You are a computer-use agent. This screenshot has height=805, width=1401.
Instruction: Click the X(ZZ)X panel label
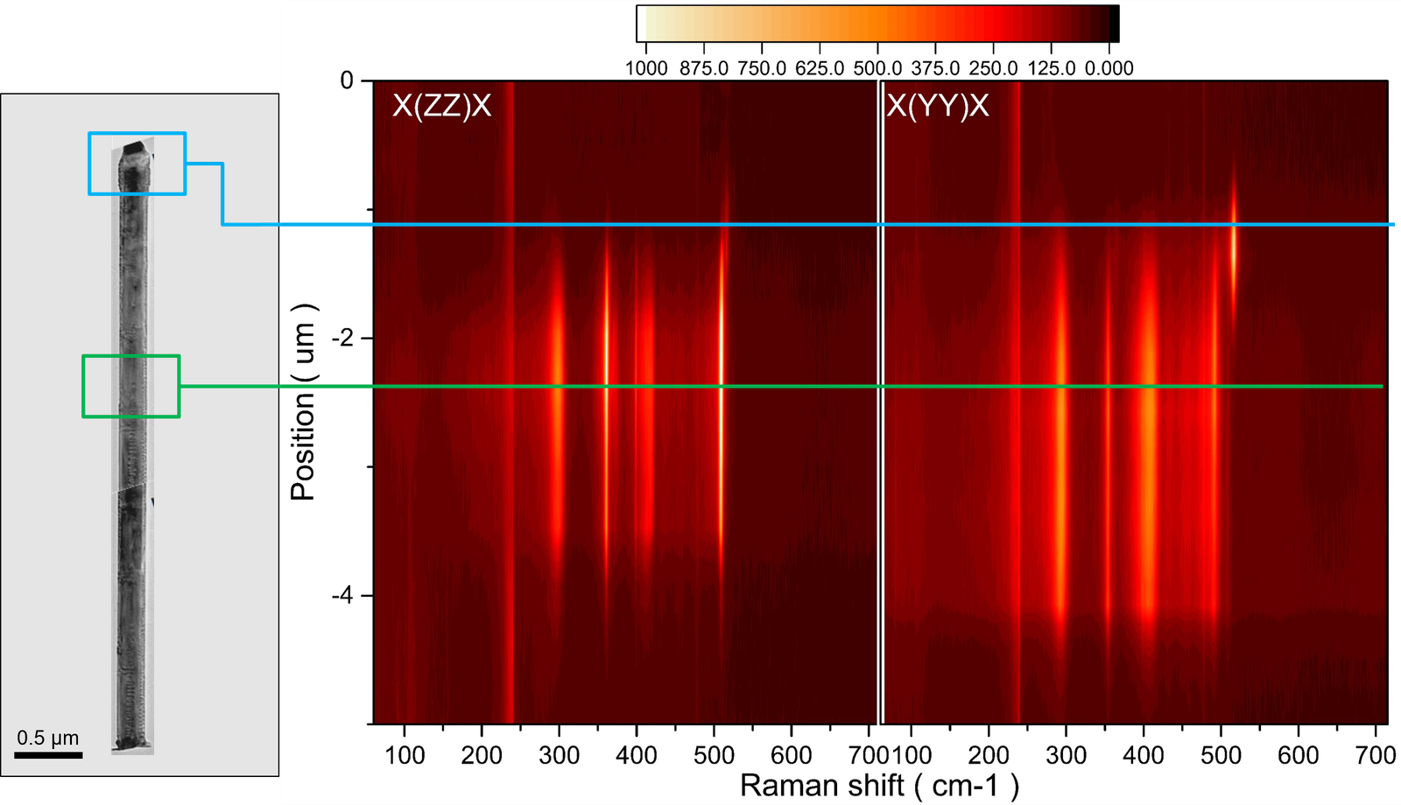click(441, 106)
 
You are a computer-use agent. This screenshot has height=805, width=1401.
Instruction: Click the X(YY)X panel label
click(937, 106)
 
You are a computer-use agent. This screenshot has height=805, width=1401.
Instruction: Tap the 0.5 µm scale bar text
click(47, 738)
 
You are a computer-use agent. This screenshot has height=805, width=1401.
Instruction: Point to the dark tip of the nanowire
click(134, 148)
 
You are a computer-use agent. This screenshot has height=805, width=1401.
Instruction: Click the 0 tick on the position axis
click(347, 80)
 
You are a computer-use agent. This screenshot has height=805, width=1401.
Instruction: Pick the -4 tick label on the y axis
click(341, 595)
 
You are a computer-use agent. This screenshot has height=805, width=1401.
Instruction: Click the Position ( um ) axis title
click(302, 402)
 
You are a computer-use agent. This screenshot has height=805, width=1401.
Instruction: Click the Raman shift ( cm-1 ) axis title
click(879, 785)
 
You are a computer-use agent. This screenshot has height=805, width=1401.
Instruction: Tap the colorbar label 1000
click(646, 68)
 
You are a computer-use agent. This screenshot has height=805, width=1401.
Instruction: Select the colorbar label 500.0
click(877, 68)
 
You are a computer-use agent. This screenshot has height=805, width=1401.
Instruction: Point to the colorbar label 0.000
click(1109, 68)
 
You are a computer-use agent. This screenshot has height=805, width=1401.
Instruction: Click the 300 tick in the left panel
click(559, 755)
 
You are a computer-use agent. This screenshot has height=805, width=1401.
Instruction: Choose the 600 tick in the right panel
click(1298, 755)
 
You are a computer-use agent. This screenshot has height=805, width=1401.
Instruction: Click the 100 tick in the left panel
click(405, 755)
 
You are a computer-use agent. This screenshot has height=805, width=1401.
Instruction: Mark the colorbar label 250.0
click(993, 68)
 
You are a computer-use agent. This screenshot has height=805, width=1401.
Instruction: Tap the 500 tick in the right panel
click(1221, 755)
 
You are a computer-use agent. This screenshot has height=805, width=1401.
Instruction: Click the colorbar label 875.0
click(704, 68)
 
